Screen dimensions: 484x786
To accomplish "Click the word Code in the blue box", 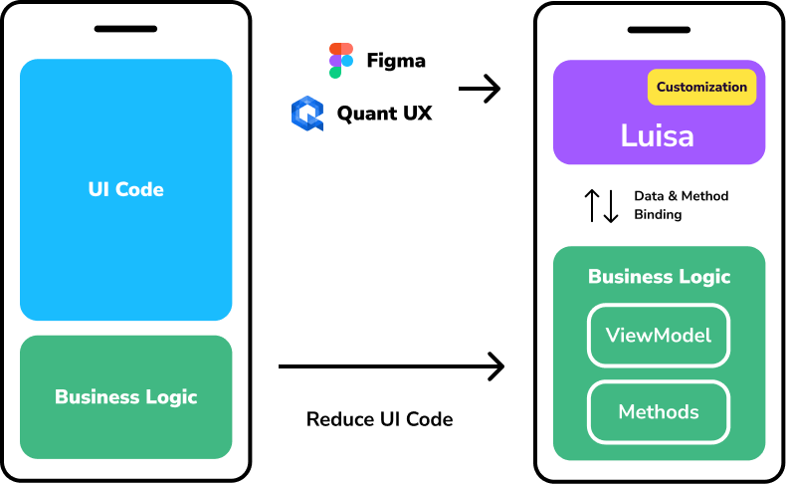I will tap(140, 189).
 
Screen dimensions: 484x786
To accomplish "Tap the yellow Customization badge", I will tap(701, 88).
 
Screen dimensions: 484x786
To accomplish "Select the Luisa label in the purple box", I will tap(657, 135).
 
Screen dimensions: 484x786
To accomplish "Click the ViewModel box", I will tap(659, 336).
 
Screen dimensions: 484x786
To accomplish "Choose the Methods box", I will tap(659, 412).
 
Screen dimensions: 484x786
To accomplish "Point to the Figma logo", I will tap(340, 61).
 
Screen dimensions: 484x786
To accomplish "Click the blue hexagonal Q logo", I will tap(307, 114).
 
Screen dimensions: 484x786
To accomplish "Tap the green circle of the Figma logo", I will tap(335, 73).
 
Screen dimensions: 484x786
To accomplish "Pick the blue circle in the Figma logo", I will tap(346, 61).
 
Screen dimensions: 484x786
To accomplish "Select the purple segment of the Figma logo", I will tap(335, 61).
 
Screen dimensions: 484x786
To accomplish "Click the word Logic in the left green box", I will tap(171, 397).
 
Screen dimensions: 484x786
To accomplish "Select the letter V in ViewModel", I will tap(612, 336).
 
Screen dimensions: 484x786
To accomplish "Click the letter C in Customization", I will tap(662, 88).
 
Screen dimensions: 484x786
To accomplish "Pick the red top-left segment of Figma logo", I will tap(335, 49).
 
